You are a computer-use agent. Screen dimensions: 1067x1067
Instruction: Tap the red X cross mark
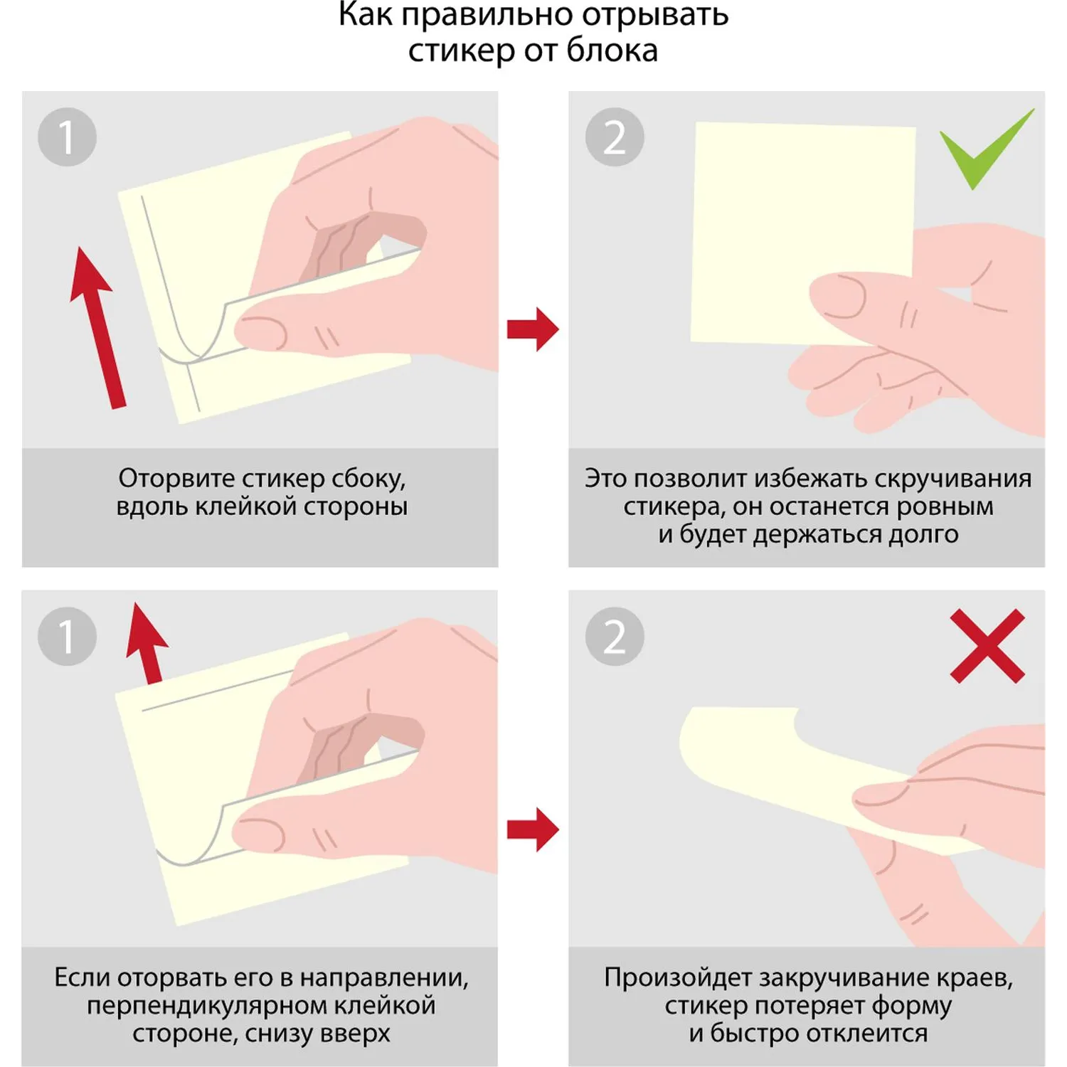[x=987, y=645]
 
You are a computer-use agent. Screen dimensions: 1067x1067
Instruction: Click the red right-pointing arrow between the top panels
[x=533, y=329]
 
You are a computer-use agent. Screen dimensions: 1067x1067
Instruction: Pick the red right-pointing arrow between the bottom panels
[x=533, y=829]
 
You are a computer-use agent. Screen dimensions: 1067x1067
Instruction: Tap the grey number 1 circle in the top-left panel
[x=67, y=137]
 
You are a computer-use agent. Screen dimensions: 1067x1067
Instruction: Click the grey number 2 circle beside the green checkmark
[x=615, y=137]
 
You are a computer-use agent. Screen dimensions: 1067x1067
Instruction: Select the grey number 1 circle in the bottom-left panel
[x=67, y=637]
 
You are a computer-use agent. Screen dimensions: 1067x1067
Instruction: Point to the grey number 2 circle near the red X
[x=615, y=637]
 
